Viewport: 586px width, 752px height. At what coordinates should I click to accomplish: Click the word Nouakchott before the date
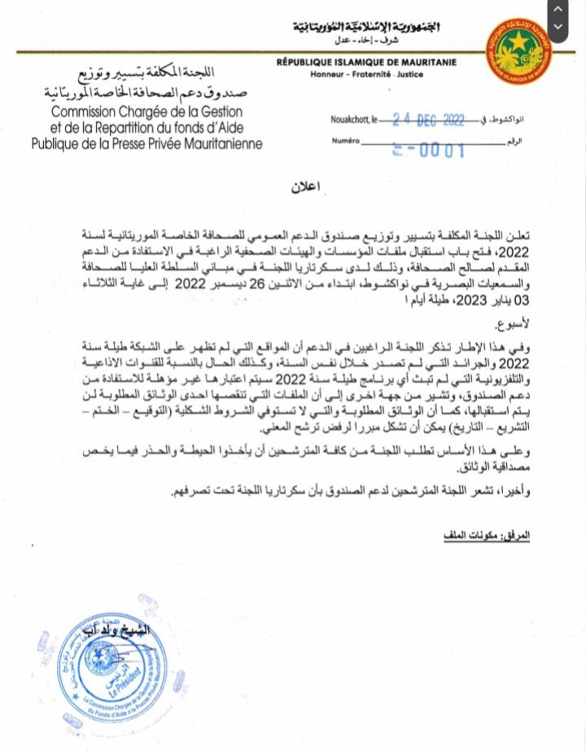349,120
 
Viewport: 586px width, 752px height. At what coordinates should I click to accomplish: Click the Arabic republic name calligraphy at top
365,27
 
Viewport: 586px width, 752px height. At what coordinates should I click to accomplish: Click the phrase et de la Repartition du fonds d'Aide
142,127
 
